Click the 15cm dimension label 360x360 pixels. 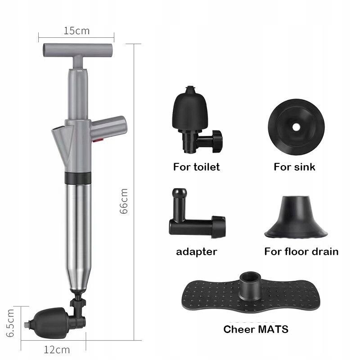coord(76,31)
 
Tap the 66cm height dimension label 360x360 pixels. coord(124,201)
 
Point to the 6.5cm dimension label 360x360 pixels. coord(10,323)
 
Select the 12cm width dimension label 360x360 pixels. coord(57,350)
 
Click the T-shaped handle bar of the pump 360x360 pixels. coord(78,50)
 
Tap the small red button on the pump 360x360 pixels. coord(98,140)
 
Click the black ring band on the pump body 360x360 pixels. coord(78,178)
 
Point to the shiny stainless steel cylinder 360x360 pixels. coord(78,237)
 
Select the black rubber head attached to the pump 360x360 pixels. coord(51,323)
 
